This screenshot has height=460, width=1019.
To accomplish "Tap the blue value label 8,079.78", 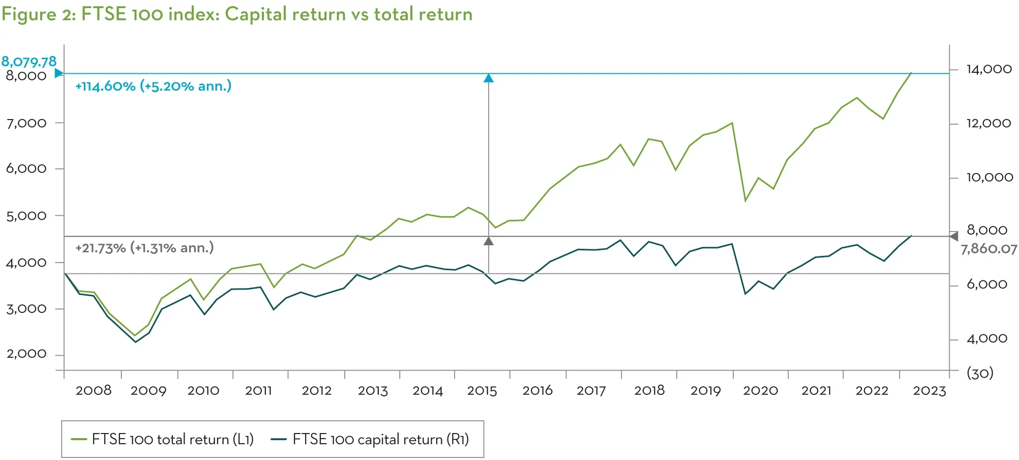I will [x=29, y=62].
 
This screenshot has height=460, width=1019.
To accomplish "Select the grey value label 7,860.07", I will [x=988, y=249].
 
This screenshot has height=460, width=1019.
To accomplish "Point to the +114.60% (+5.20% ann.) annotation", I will [x=154, y=86].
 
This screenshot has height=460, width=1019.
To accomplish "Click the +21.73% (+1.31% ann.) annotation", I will [x=144, y=248].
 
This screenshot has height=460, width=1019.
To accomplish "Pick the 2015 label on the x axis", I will [x=482, y=391].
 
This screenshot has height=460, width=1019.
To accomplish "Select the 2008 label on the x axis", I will [x=94, y=391].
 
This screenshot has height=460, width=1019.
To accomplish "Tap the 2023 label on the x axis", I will [x=929, y=391].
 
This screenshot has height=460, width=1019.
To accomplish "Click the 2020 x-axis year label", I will [x=760, y=391].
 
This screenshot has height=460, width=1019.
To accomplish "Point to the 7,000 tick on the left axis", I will [x=26, y=123].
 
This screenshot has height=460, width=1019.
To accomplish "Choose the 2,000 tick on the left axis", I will [x=26, y=354].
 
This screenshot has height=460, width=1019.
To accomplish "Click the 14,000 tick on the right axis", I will [x=989, y=69].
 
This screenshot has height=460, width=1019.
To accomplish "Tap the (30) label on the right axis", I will [x=980, y=373].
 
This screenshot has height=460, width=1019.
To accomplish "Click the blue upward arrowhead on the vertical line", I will [x=489, y=78].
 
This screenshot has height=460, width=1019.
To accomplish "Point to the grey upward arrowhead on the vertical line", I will [x=489, y=241].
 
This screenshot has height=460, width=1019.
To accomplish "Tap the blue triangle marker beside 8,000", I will [x=59, y=73].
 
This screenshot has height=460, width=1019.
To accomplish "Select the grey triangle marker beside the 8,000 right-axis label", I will [x=954, y=236].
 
